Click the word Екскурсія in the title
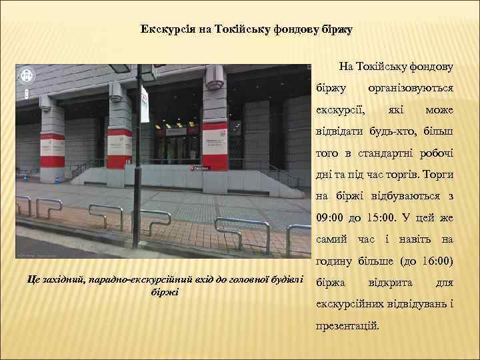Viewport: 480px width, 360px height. (167, 30)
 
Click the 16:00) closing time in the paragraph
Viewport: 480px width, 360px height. (436, 261)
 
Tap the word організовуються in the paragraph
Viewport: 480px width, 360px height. (411, 87)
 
